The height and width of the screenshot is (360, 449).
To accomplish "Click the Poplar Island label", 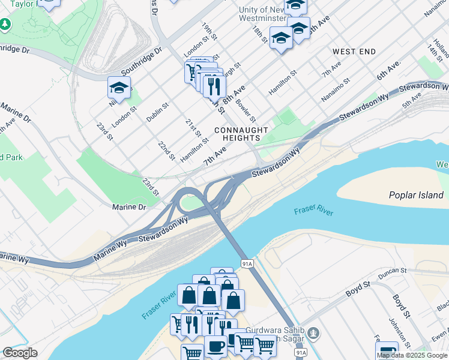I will (x=416, y=195).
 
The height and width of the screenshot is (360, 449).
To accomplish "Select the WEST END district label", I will (x=354, y=52).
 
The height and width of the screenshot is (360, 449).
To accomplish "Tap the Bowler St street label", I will (x=247, y=110).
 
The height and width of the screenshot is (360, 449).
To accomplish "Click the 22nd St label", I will (x=166, y=151).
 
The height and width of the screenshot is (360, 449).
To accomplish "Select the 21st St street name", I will (x=193, y=128).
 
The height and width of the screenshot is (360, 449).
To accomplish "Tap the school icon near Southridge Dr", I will (x=119, y=88).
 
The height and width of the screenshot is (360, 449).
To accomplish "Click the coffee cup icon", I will (x=215, y=347).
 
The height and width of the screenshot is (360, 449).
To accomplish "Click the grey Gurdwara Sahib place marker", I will (x=313, y=333).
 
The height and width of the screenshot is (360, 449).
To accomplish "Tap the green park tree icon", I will (x=5, y=25).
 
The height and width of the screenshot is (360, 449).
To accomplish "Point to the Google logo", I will (x=20, y=353).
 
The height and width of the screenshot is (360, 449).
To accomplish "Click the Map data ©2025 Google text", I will (x=412, y=355).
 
